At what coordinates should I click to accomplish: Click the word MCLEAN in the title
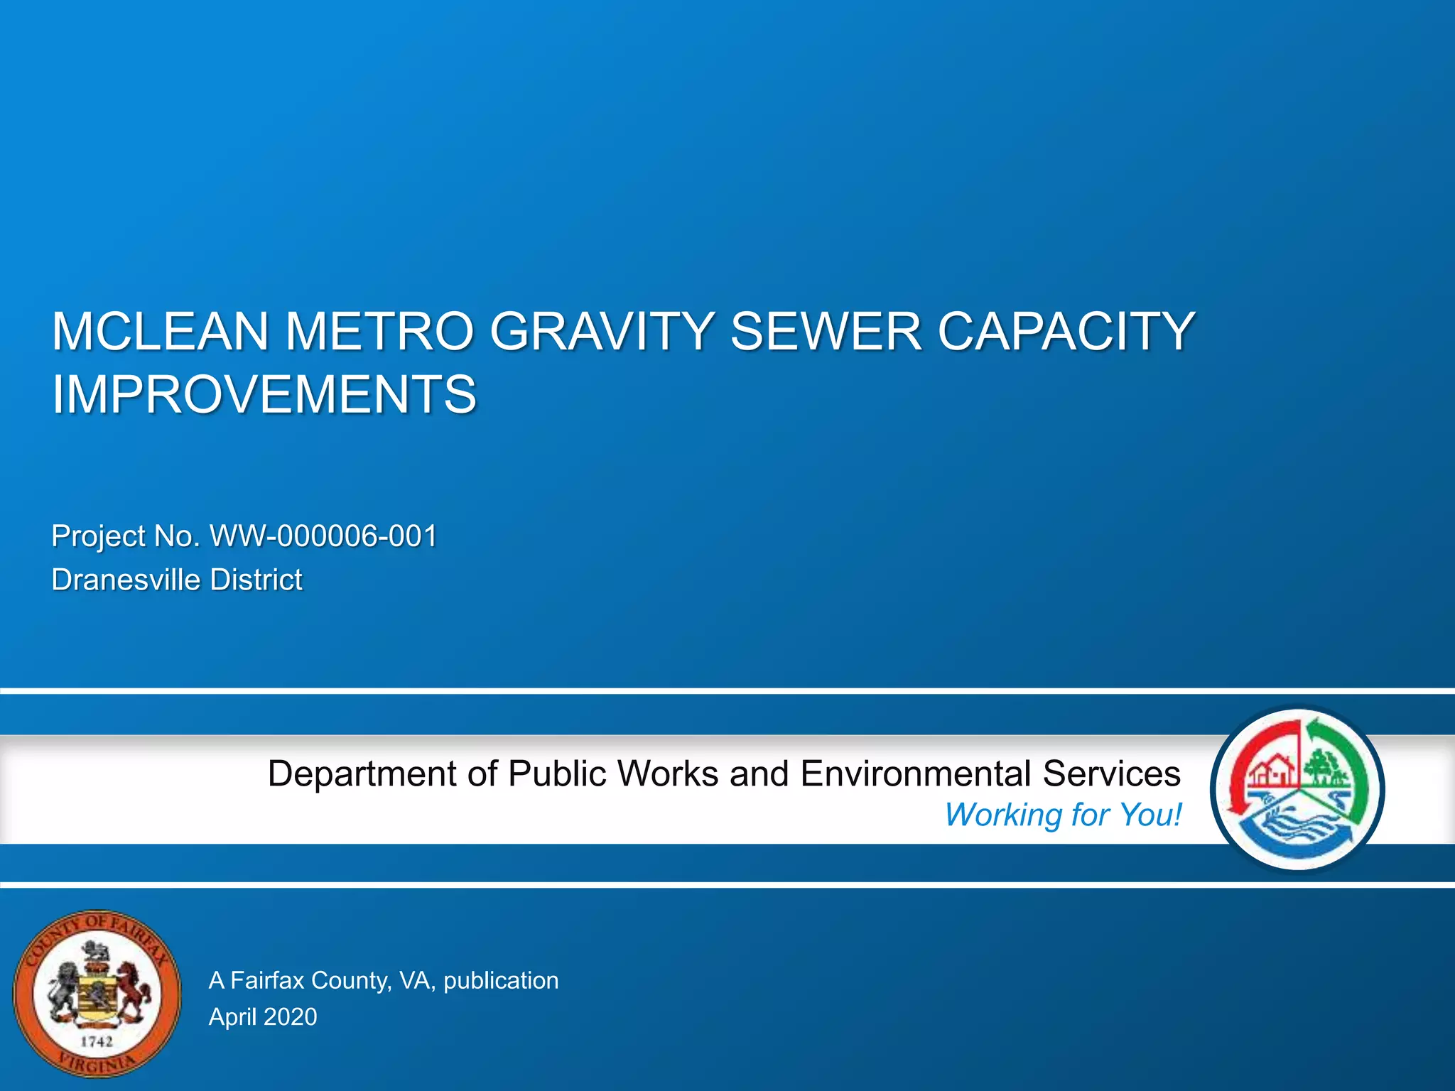coord(161,332)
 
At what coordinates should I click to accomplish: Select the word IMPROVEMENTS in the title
coord(264,395)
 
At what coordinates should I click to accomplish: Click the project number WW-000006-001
coord(323,536)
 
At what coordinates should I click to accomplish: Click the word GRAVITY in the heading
coord(602,332)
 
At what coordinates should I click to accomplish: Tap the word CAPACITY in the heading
coord(1066,332)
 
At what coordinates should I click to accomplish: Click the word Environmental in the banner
coord(915,774)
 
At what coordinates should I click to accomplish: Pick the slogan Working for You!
coord(1063,815)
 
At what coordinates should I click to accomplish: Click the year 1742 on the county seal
coord(97,1042)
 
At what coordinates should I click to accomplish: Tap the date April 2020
coord(263,1017)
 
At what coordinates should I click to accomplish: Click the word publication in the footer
coord(501,981)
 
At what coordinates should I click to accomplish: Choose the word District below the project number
coord(256,580)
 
